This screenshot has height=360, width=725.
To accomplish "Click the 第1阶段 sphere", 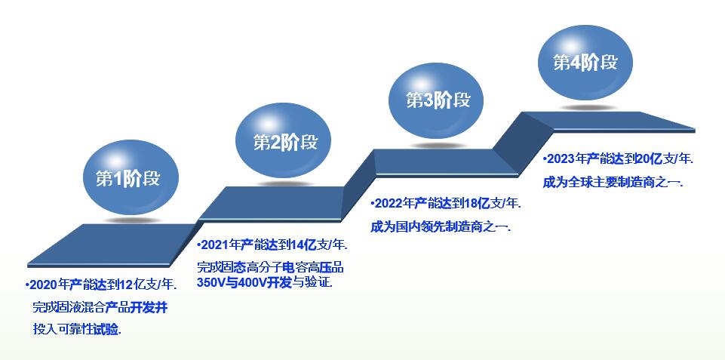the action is tap(131, 177).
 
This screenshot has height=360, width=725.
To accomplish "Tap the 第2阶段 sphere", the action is tap(284, 140).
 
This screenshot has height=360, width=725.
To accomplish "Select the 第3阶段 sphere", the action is tap(436, 100).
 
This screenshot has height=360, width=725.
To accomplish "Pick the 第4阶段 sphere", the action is tap(585, 63).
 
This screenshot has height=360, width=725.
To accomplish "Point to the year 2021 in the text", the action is tap(214, 245).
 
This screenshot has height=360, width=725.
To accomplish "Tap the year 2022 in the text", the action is tap(388, 204).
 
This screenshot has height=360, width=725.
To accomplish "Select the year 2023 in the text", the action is tap(561, 159).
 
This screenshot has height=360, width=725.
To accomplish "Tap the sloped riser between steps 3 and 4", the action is tap(523, 144).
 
